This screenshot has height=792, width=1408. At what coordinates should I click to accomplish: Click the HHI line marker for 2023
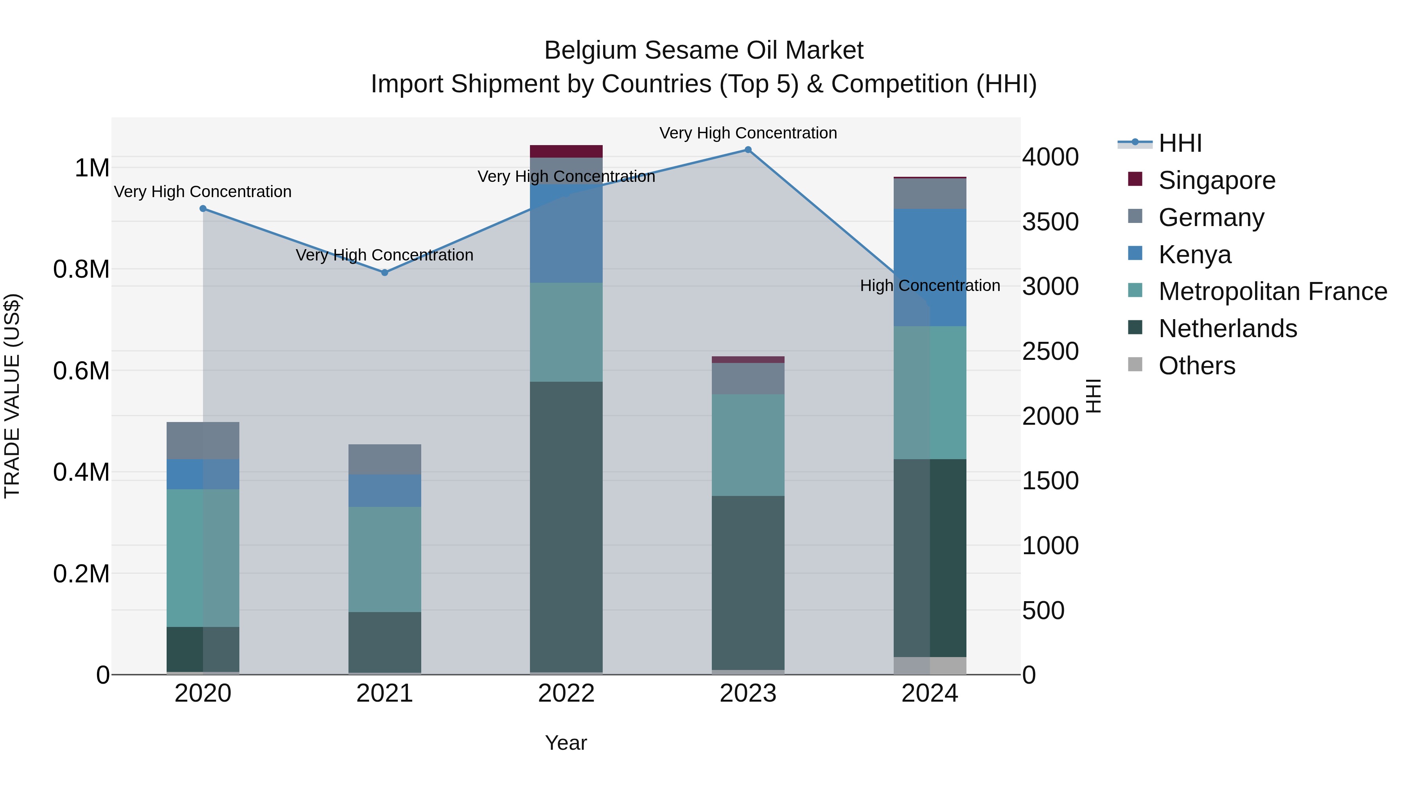pyautogui.click(x=748, y=150)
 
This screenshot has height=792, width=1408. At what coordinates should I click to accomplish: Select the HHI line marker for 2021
pyautogui.click(x=385, y=273)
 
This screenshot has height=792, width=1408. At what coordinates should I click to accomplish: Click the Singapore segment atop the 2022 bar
pyautogui.click(x=566, y=151)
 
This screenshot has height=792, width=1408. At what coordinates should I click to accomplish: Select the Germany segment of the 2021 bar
pyautogui.click(x=385, y=459)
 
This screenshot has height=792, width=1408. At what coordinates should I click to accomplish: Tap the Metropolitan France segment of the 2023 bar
pyautogui.click(x=748, y=445)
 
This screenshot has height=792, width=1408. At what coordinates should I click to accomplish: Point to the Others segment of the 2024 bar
pyautogui.click(x=930, y=665)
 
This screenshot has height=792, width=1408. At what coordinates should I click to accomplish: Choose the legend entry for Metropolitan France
pyautogui.click(x=1272, y=291)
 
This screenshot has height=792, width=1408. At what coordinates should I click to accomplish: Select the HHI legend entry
pyautogui.click(x=1180, y=143)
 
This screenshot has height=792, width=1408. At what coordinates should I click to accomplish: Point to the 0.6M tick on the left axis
pyautogui.click(x=81, y=371)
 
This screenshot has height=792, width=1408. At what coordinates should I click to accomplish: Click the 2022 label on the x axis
pyautogui.click(x=566, y=693)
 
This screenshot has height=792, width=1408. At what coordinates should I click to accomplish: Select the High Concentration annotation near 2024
pyautogui.click(x=930, y=286)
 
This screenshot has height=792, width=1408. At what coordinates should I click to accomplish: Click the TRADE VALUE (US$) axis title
pyautogui.click(x=13, y=396)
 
